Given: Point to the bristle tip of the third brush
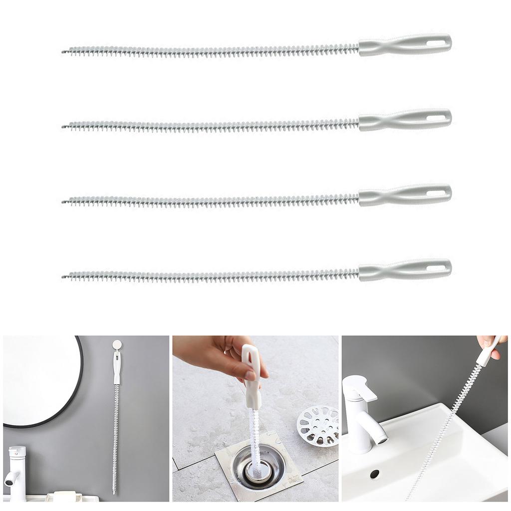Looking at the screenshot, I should pos(64,202).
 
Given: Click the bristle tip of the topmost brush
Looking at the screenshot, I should pos(64,51).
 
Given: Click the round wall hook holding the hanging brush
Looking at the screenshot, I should pos(117,345).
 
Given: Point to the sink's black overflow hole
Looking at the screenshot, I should pos(374,474).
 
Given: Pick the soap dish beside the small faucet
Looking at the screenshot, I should pos(62,497).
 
